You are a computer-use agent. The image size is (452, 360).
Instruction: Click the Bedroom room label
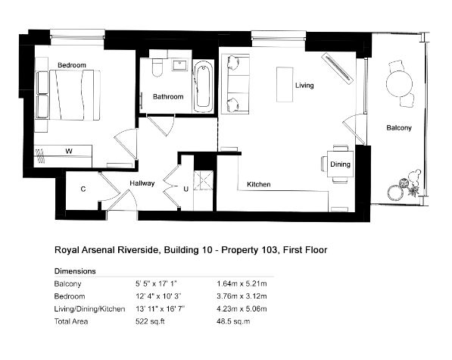pyautogui.click(x=72, y=65)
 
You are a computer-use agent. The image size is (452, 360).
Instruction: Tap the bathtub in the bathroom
pyautogui.click(x=203, y=86)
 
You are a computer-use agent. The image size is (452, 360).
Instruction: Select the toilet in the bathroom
pyautogui.click(x=157, y=67)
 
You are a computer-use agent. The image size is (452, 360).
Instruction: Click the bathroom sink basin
pyautogui.click(x=180, y=65)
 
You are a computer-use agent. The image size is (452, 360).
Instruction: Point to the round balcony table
pyautogui.click(x=399, y=83)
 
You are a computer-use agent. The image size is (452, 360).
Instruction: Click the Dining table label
pyautogui.click(x=340, y=164)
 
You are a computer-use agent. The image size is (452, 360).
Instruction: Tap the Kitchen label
pyautogui.click(x=259, y=184)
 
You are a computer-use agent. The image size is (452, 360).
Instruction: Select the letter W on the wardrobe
pyautogui.click(x=69, y=151)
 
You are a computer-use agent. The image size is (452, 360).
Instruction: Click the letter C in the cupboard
pyautogui.click(x=83, y=189)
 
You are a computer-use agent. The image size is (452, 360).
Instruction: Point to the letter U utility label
pyautogui.click(x=186, y=189)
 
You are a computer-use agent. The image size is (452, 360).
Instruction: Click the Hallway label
pyautogui.click(x=142, y=183)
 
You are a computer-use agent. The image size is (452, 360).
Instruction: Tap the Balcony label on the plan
pyautogui.click(x=399, y=128)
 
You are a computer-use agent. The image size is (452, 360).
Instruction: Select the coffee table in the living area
pyautogui.click(x=285, y=85)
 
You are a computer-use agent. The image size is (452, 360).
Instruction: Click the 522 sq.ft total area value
pyautogui.click(x=150, y=321)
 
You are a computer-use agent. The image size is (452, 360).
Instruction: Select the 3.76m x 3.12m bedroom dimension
pyautogui.click(x=242, y=296)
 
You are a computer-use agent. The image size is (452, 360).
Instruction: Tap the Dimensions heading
pyautogui.click(x=75, y=271)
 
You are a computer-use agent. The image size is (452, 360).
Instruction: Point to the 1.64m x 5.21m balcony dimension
pyautogui.click(x=242, y=283)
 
